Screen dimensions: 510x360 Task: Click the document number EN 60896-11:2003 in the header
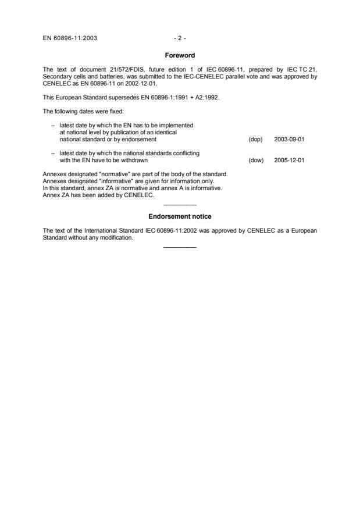point(70,38)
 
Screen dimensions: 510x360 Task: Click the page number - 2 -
point(180,38)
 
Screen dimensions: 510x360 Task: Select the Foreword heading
point(180,55)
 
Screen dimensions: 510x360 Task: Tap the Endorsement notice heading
point(180,216)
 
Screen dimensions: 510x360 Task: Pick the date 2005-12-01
point(289,161)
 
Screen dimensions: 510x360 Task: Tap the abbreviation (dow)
point(256,161)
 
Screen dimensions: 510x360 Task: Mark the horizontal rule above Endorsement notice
point(180,205)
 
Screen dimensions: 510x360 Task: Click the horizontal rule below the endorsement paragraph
point(180,248)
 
